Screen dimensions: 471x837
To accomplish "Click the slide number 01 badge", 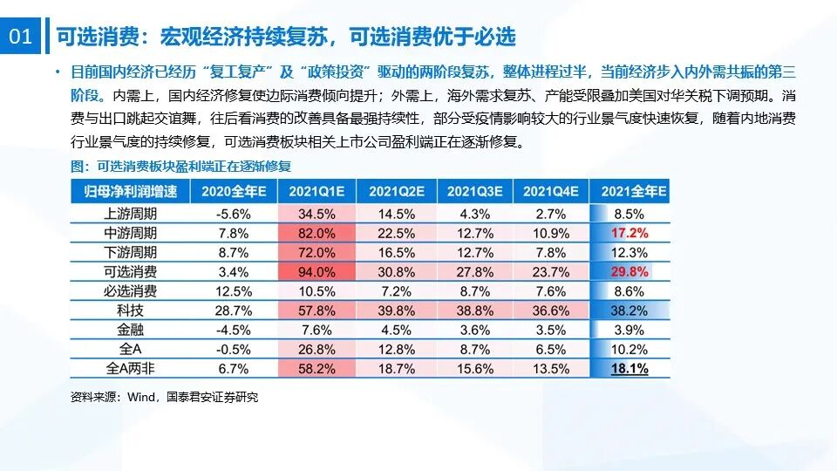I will click(20, 38).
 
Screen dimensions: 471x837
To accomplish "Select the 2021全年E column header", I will click(630, 191).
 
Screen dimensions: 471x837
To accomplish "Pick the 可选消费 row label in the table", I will click(131, 271).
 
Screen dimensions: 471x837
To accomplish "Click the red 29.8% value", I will click(630, 271).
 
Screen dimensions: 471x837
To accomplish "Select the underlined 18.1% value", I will click(630, 369).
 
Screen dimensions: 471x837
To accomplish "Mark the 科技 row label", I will click(131, 311).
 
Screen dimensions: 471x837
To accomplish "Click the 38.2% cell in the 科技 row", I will click(630, 311).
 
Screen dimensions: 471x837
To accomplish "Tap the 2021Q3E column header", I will click(473, 191).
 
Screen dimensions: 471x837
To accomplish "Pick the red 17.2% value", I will click(630, 233).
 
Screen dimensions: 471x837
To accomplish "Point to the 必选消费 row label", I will click(131, 291).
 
